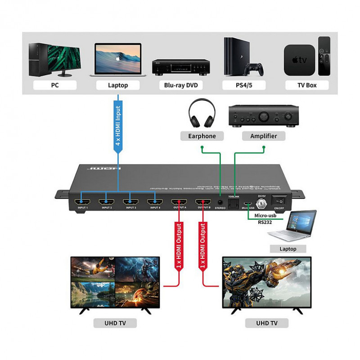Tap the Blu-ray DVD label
[x=180, y=85]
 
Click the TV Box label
[x=306, y=85]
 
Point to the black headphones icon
[x=202, y=114]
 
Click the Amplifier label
[x=264, y=136]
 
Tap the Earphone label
[x=202, y=136]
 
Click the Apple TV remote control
[x=324, y=56]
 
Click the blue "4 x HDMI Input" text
[x=118, y=126]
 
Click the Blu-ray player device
[x=180, y=67]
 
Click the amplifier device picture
[x=264, y=116]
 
